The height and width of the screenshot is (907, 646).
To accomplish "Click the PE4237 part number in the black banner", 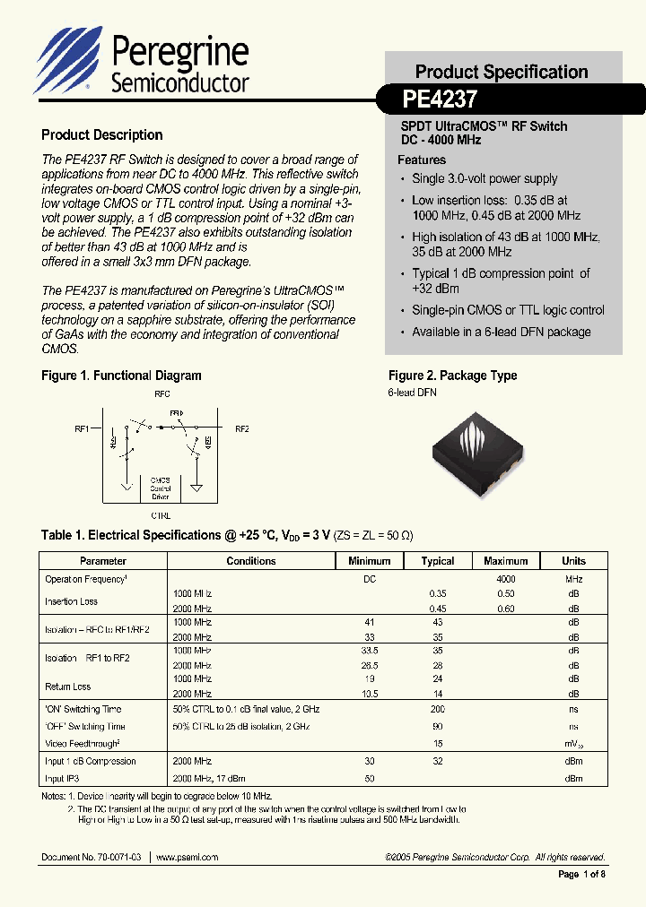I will pos(440,97).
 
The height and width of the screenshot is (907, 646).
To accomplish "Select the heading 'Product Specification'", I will pos(502,72).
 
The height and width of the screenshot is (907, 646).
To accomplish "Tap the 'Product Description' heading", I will pos(102,135).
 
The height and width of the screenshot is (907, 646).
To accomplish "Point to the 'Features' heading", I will pos(422,160).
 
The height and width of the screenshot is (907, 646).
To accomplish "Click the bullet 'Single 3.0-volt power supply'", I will pos(484,178).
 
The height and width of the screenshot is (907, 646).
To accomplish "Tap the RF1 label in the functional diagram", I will pos(82,429).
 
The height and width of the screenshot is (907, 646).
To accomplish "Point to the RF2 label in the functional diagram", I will pos(241,429).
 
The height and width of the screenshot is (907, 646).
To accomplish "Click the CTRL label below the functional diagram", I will pos(161,515).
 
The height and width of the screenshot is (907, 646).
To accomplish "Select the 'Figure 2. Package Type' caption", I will pos(452,376).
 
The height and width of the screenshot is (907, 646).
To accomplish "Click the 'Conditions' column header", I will pos(251,561).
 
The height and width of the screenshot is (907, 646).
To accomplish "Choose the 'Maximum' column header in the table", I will pos(506,561).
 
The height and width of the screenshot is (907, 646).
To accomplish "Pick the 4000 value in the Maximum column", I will pos(506,580).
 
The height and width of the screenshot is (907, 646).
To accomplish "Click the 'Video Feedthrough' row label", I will pos(83,743).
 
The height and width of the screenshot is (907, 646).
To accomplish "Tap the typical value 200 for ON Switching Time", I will pos(438,709).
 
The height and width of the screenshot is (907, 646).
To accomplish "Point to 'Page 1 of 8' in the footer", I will pos(582,875).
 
